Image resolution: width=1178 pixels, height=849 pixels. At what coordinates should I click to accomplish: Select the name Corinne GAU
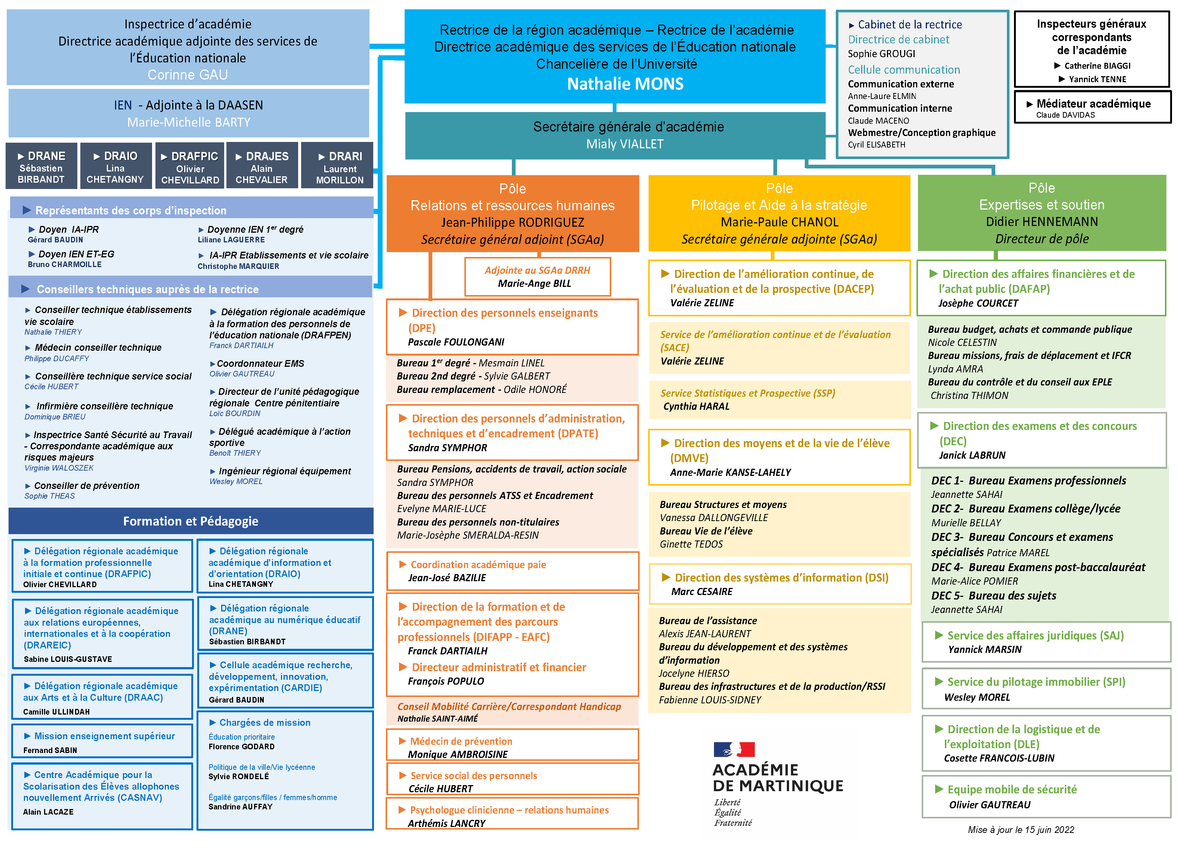(188, 75)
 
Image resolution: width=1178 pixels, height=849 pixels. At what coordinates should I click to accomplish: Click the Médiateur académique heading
(1093, 104)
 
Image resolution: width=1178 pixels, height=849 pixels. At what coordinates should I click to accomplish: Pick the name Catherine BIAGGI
(1097, 66)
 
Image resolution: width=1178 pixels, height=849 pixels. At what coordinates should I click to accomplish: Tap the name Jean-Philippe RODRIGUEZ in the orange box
(513, 223)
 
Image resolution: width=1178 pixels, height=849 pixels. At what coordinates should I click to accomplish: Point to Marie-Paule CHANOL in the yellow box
(779, 222)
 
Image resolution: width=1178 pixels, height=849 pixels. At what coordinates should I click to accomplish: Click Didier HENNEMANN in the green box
(1042, 222)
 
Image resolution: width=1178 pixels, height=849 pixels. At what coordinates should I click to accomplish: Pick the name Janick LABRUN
(972, 455)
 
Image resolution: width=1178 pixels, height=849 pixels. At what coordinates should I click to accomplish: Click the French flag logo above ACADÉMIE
(734, 749)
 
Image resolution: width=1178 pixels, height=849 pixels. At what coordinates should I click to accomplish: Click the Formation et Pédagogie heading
(191, 521)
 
